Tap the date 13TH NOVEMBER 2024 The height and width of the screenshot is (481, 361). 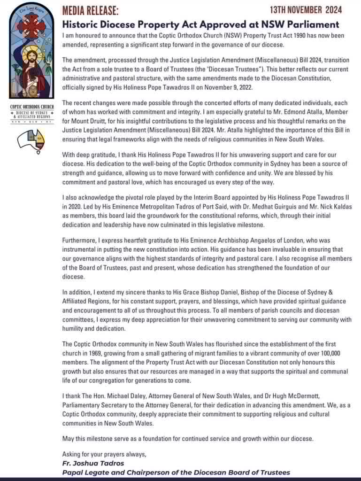pos(306,9)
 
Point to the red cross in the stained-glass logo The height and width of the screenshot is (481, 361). pos(31,26)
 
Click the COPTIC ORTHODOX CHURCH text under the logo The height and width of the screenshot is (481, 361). pos(31,107)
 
